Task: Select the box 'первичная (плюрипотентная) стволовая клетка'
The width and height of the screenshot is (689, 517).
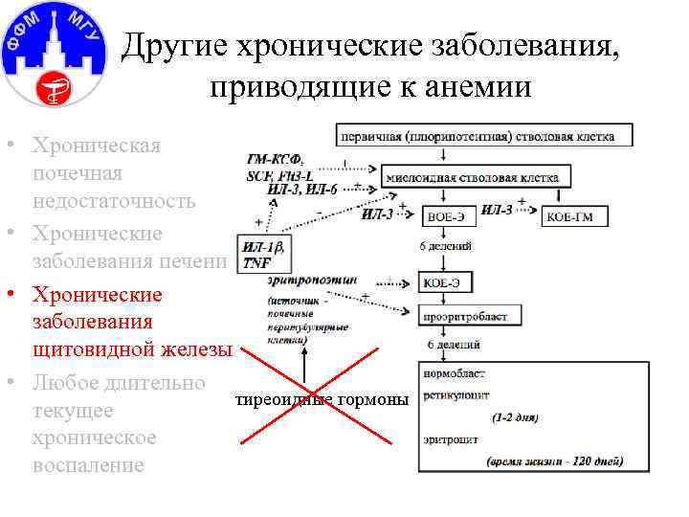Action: click(x=484, y=135)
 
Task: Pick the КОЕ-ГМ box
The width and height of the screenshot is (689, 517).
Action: click(x=577, y=216)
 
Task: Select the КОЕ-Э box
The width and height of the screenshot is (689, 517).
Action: click(x=445, y=282)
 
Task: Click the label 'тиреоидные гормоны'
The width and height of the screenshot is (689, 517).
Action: click(x=322, y=397)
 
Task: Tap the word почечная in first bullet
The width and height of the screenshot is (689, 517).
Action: click(x=77, y=173)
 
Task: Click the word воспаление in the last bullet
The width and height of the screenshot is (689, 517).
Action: click(x=87, y=464)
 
